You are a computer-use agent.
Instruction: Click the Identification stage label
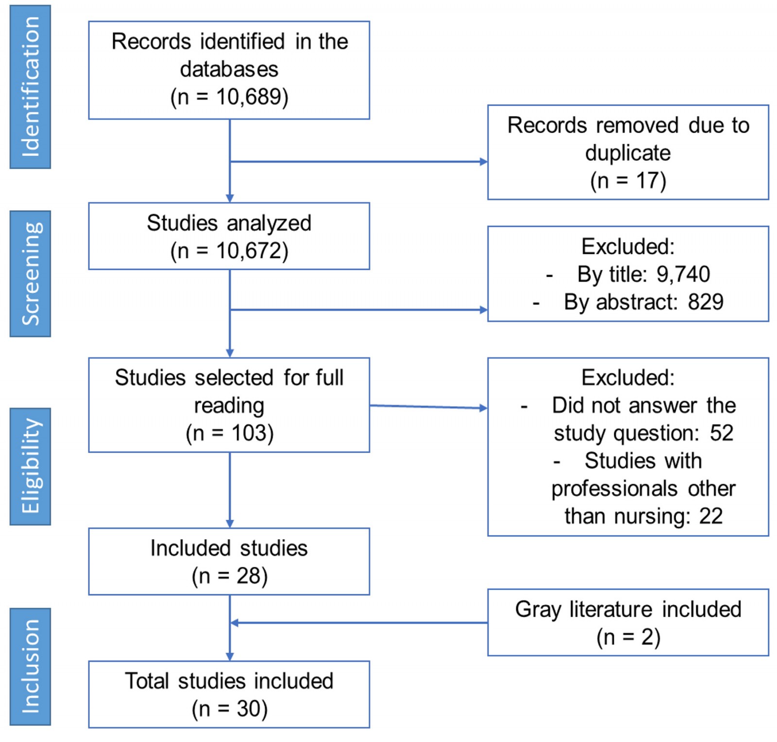(x=30, y=87)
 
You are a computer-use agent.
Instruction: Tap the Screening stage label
(x=30, y=273)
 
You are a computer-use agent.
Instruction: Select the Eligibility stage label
(x=30, y=466)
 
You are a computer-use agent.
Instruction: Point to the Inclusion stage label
(x=30, y=666)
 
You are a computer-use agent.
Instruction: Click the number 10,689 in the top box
(x=249, y=97)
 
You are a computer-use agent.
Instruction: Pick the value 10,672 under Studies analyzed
(x=249, y=251)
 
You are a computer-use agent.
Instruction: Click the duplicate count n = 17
(x=628, y=181)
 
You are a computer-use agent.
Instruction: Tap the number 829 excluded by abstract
(x=705, y=302)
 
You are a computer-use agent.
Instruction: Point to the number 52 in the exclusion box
(x=721, y=433)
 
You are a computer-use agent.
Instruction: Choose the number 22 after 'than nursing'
(x=710, y=516)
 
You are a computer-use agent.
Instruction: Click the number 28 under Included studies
(x=249, y=576)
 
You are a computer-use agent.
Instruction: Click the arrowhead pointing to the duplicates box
(x=484, y=162)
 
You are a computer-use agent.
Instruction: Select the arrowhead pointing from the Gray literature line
(x=234, y=623)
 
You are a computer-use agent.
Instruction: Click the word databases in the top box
(x=229, y=69)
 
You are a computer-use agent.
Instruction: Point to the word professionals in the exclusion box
(x=614, y=489)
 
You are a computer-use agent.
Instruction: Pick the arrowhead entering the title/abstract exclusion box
(x=484, y=310)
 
